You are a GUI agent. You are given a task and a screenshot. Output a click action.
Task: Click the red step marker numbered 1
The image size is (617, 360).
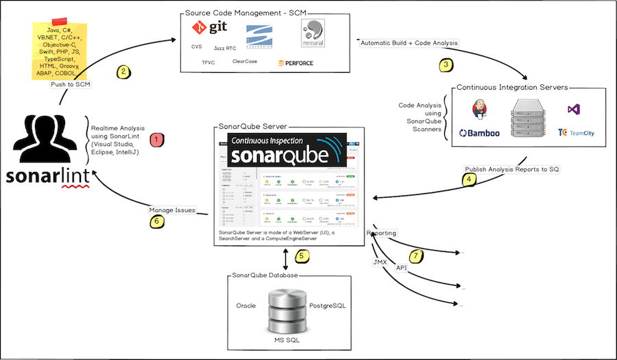tap(156, 139)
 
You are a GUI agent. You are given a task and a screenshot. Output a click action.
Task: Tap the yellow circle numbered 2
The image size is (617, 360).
tap(123, 71)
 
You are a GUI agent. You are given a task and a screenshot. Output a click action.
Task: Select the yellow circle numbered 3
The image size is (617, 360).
tap(446, 65)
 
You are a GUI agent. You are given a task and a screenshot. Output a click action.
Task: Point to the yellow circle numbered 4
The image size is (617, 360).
tap(469, 180)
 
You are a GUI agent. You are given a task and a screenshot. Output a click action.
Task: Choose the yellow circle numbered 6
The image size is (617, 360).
tap(156, 221)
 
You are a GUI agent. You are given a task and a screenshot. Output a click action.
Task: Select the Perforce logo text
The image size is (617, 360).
tap(295, 62)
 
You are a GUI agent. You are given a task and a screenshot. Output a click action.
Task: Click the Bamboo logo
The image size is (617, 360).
tap(479, 133)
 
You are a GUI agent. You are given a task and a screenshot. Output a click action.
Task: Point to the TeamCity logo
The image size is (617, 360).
tap(576, 132)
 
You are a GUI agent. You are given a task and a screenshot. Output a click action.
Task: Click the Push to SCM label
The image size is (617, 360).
tap(71, 85)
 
